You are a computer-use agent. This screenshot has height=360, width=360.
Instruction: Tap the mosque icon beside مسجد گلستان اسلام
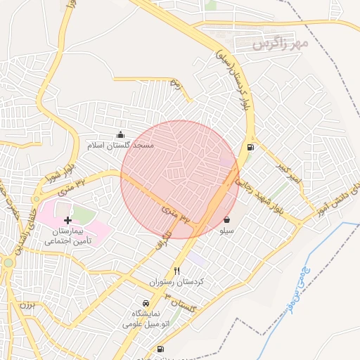120,134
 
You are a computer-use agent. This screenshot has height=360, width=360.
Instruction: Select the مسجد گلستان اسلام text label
120,146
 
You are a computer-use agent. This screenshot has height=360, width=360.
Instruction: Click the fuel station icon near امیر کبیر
250,148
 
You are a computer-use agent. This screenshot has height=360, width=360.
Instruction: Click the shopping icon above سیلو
226,219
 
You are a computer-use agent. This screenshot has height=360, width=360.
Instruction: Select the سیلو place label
226,230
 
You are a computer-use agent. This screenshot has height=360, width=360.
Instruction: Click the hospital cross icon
67,220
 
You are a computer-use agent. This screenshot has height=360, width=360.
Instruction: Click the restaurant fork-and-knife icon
176,271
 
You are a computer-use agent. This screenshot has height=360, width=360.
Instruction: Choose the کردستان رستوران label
176,281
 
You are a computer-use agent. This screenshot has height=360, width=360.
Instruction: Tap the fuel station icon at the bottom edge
160,349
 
